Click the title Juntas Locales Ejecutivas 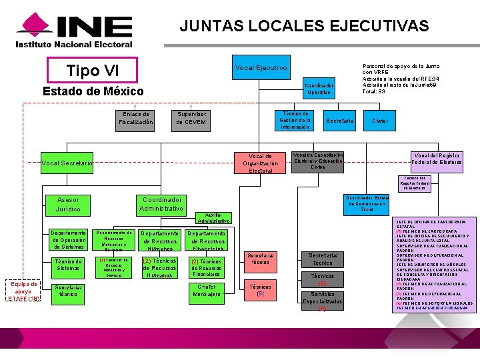pos(304,26)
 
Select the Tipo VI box pos(93,71)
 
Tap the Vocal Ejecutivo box pos(261,68)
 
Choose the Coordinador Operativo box pos(319,89)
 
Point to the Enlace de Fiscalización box pos(136,118)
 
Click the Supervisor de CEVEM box pos(191,118)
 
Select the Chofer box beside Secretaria pos(379,121)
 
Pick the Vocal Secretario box pos(67,163)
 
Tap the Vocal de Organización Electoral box pos(261,163)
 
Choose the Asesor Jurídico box pos(69,205)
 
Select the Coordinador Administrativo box pos(161,205)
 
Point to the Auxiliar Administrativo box pos(214,218)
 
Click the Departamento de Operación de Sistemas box pos(69,240)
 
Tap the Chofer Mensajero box pos(207,291)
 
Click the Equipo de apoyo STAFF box pos(23,292)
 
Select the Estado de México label pos(93,91)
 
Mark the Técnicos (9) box pos(260,289)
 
